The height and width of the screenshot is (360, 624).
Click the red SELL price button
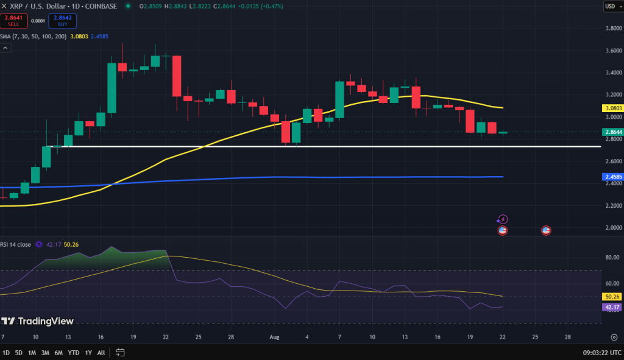tap(13, 21)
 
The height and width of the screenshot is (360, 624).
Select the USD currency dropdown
tap(610, 6)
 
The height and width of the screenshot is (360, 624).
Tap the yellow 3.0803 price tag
tap(612, 108)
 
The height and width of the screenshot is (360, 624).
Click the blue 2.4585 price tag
tap(612, 177)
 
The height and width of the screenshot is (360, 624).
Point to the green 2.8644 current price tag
tap(612, 132)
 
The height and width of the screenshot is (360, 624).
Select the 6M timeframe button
tap(58, 353)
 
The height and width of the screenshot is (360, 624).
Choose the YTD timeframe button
tap(74, 353)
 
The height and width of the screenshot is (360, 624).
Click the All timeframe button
tap(101, 353)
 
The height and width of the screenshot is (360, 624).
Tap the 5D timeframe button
tap(19, 353)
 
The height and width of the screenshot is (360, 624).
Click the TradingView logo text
tap(38, 321)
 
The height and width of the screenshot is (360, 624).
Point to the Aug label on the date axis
tap(274, 337)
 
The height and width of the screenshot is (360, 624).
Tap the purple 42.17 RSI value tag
tap(612, 307)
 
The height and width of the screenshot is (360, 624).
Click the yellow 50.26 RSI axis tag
tap(612, 297)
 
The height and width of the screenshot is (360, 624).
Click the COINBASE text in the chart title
tap(102, 6)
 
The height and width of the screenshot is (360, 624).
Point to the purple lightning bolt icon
tap(503, 219)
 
